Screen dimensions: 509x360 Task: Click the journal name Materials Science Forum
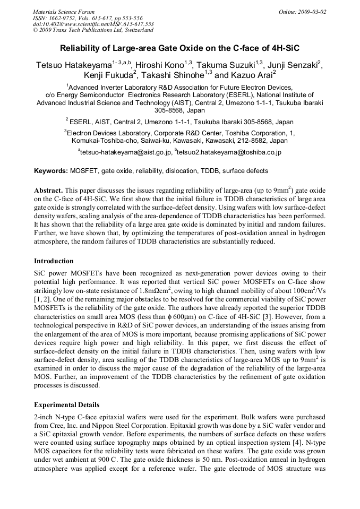coord(64,11)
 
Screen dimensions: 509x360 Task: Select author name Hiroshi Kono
coord(160,65)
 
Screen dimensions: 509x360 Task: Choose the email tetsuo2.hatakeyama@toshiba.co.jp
coord(229,152)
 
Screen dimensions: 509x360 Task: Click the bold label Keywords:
coord(51,171)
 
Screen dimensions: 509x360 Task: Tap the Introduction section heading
coord(54,261)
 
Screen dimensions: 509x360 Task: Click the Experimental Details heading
coord(66,405)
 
